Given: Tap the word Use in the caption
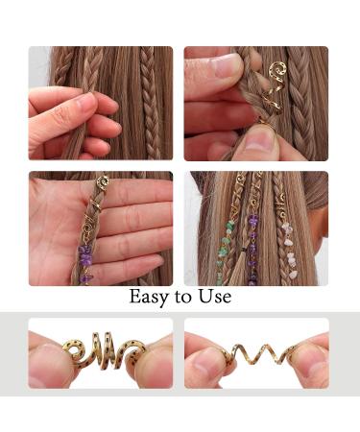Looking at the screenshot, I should click(x=214, y=297).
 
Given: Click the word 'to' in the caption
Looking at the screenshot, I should click(x=183, y=298).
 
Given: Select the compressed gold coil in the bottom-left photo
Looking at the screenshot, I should click(x=100, y=352).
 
